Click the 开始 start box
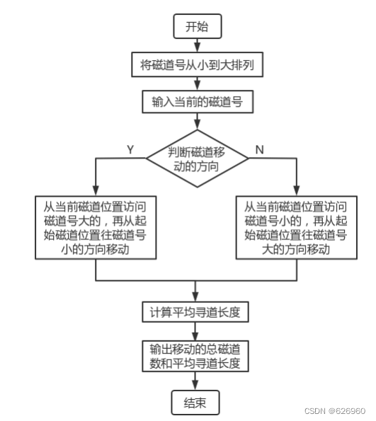tap(197, 28)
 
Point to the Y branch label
tap(130, 149)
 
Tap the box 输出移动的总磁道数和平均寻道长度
tap(197, 357)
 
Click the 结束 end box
tap(197, 403)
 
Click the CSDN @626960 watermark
tap(335, 410)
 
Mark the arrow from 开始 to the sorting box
tap(197, 46)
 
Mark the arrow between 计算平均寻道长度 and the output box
tap(197, 333)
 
